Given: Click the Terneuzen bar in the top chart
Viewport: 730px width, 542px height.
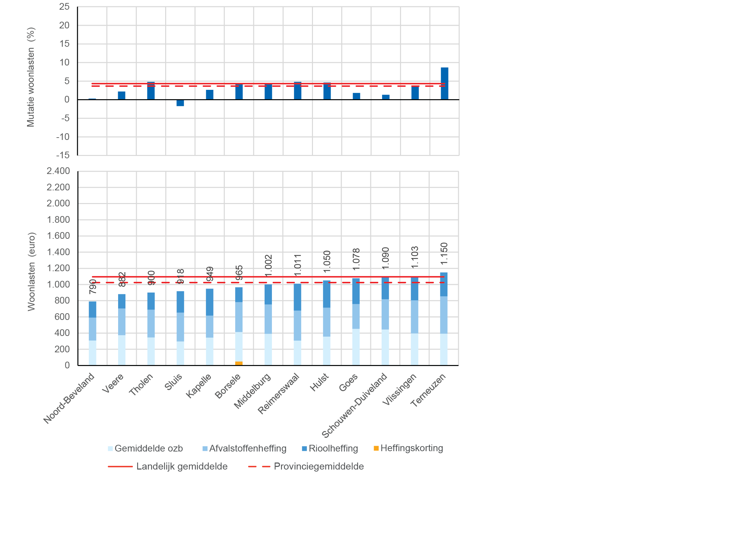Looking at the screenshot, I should click(444, 83).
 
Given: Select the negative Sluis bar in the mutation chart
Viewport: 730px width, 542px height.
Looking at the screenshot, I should click(180, 103).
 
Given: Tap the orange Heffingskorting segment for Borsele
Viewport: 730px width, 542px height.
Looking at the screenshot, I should click(239, 363).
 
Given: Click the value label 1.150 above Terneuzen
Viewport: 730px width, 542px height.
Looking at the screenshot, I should click(444, 253).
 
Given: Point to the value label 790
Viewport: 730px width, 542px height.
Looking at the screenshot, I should click(93, 287).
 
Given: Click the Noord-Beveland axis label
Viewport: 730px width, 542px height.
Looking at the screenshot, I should click(69, 398).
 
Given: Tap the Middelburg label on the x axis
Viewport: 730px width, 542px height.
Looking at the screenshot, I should click(253, 391).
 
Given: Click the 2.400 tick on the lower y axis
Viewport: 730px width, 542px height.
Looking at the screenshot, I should click(58, 171).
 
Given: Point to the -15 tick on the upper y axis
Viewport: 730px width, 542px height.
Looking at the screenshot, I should click(63, 155).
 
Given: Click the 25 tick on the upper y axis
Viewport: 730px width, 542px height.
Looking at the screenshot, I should click(64, 7).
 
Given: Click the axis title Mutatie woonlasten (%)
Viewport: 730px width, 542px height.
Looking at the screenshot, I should click(31, 77).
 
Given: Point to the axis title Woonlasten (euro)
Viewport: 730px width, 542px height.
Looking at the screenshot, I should click(31, 272).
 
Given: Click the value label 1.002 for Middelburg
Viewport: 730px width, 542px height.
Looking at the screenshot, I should click(269, 265).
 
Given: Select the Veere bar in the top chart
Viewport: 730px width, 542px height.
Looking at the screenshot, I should click(122, 96).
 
